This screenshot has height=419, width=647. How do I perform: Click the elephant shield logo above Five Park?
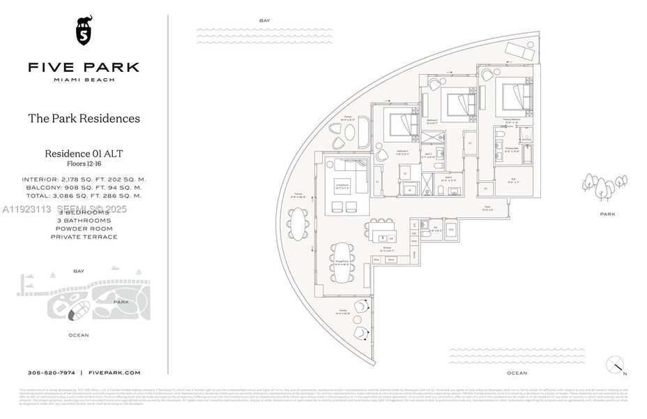83,31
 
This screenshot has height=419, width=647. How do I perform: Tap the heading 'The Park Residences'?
84,118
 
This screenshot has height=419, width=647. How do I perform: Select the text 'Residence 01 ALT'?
84,154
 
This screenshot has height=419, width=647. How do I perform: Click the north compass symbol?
614,365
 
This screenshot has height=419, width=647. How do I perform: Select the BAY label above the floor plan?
264,21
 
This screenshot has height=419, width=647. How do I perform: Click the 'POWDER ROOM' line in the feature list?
84,228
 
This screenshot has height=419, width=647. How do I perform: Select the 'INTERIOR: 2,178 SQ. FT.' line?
84,179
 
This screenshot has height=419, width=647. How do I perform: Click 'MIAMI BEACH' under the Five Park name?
84,80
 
